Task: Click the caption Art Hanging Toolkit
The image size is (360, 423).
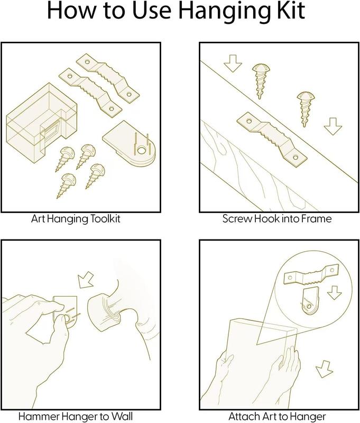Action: [x=76, y=219]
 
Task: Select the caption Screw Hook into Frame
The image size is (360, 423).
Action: [x=277, y=218]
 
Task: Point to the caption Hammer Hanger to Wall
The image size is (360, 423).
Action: [x=76, y=416]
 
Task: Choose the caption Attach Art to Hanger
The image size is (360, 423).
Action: [x=277, y=416]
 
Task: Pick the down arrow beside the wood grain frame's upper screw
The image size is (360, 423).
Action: [x=233, y=63]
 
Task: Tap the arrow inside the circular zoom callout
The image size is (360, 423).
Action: [x=335, y=293]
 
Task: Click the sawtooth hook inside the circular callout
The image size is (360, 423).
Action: [x=311, y=274]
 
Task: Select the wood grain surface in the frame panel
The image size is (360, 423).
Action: [x=256, y=173]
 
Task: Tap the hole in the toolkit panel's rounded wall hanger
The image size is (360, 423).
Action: [x=141, y=151]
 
